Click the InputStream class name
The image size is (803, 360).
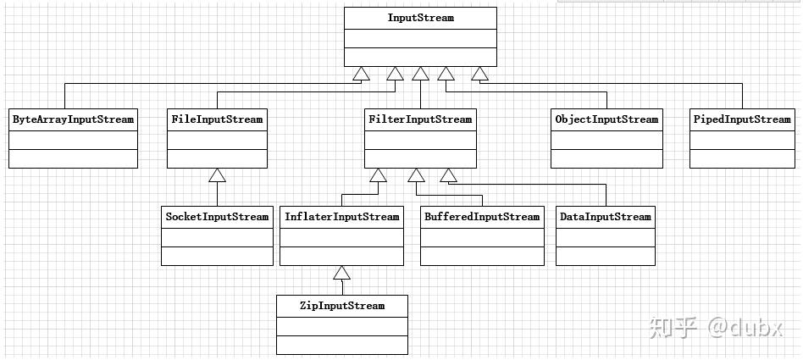pyautogui.click(x=420, y=18)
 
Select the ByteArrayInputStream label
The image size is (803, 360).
pyautogui.click(x=73, y=119)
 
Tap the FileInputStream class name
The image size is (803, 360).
pyautogui.click(x=217, y=119)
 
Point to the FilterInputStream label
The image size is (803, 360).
pyautogui.click(x=420, y=119)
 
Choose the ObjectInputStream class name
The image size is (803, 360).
pyautogui.click(x=606, y=119)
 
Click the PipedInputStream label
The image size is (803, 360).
pyautogui.click(x=742, y=119)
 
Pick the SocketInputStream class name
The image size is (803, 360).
pyautogui.click(x=217, y=217)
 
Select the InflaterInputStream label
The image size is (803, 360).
pyautogui.click(x=341, y=217)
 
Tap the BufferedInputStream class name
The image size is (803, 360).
pyautogui.click(x=482, y=217)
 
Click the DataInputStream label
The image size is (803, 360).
pyautogui.click(x=606, y=217)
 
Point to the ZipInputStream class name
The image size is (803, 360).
pyautogui.click(x=341, y=307)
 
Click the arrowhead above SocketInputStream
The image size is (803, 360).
pyautogui.click(x=217, y=175)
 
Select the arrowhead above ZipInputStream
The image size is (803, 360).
pyautogui.click(x=341, y=273)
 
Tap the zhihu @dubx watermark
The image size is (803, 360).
pyautogui.click(x=717, y=327)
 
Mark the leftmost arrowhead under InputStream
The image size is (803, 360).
pyautogui.click(x=361, y=74)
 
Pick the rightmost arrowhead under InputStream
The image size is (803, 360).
pyautogui.click(x=480, y=74)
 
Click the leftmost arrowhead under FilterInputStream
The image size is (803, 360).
pyautogui.click(x=379, y=175)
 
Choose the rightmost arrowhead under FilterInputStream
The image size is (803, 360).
pyautogui.click(x=449, y=175)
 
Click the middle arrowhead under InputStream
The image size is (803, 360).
pyautogui.click(x=420, y=74)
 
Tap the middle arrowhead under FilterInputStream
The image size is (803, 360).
pyautogui.click(x=417, y=175)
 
